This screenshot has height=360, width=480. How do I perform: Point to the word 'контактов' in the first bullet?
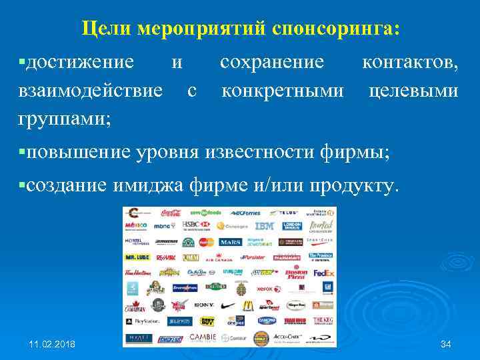pos(409,63)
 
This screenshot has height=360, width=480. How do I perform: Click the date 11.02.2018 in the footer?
pos(53,344)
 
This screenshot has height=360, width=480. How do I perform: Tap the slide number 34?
pos(446,344)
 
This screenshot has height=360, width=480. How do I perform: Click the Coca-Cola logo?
pos(171,213)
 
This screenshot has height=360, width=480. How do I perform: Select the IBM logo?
pos(264,227)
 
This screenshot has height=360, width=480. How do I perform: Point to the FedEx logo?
pos(323,273)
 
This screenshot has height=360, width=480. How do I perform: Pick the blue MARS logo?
pos(229,242)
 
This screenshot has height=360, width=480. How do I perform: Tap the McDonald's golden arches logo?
pos(247,305)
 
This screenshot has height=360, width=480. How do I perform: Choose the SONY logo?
pos(203,305)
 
